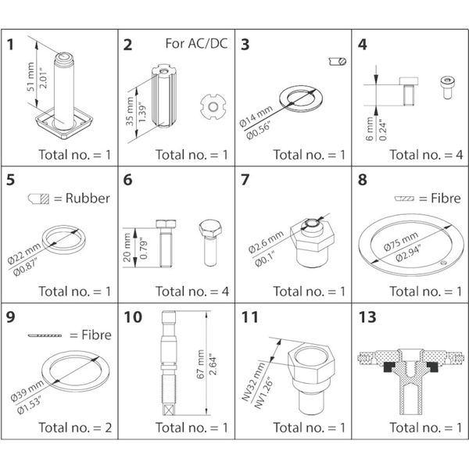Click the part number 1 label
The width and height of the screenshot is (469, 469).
(x=11, y=44)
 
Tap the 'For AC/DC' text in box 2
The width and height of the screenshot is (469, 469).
(x=196, y=43)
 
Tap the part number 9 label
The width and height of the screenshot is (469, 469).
(x=11, y=318)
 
